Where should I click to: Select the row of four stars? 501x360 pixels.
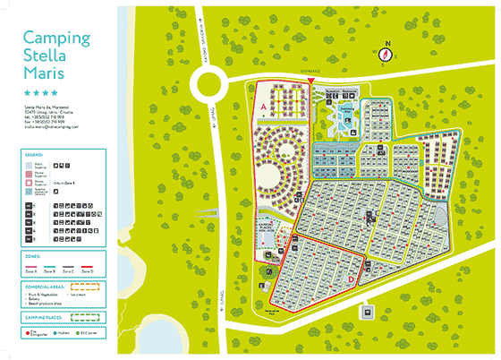(x=41, y=92)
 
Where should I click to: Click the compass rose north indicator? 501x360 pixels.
(x=387, y=44)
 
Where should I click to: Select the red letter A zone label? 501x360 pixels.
(x=264, y=106)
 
